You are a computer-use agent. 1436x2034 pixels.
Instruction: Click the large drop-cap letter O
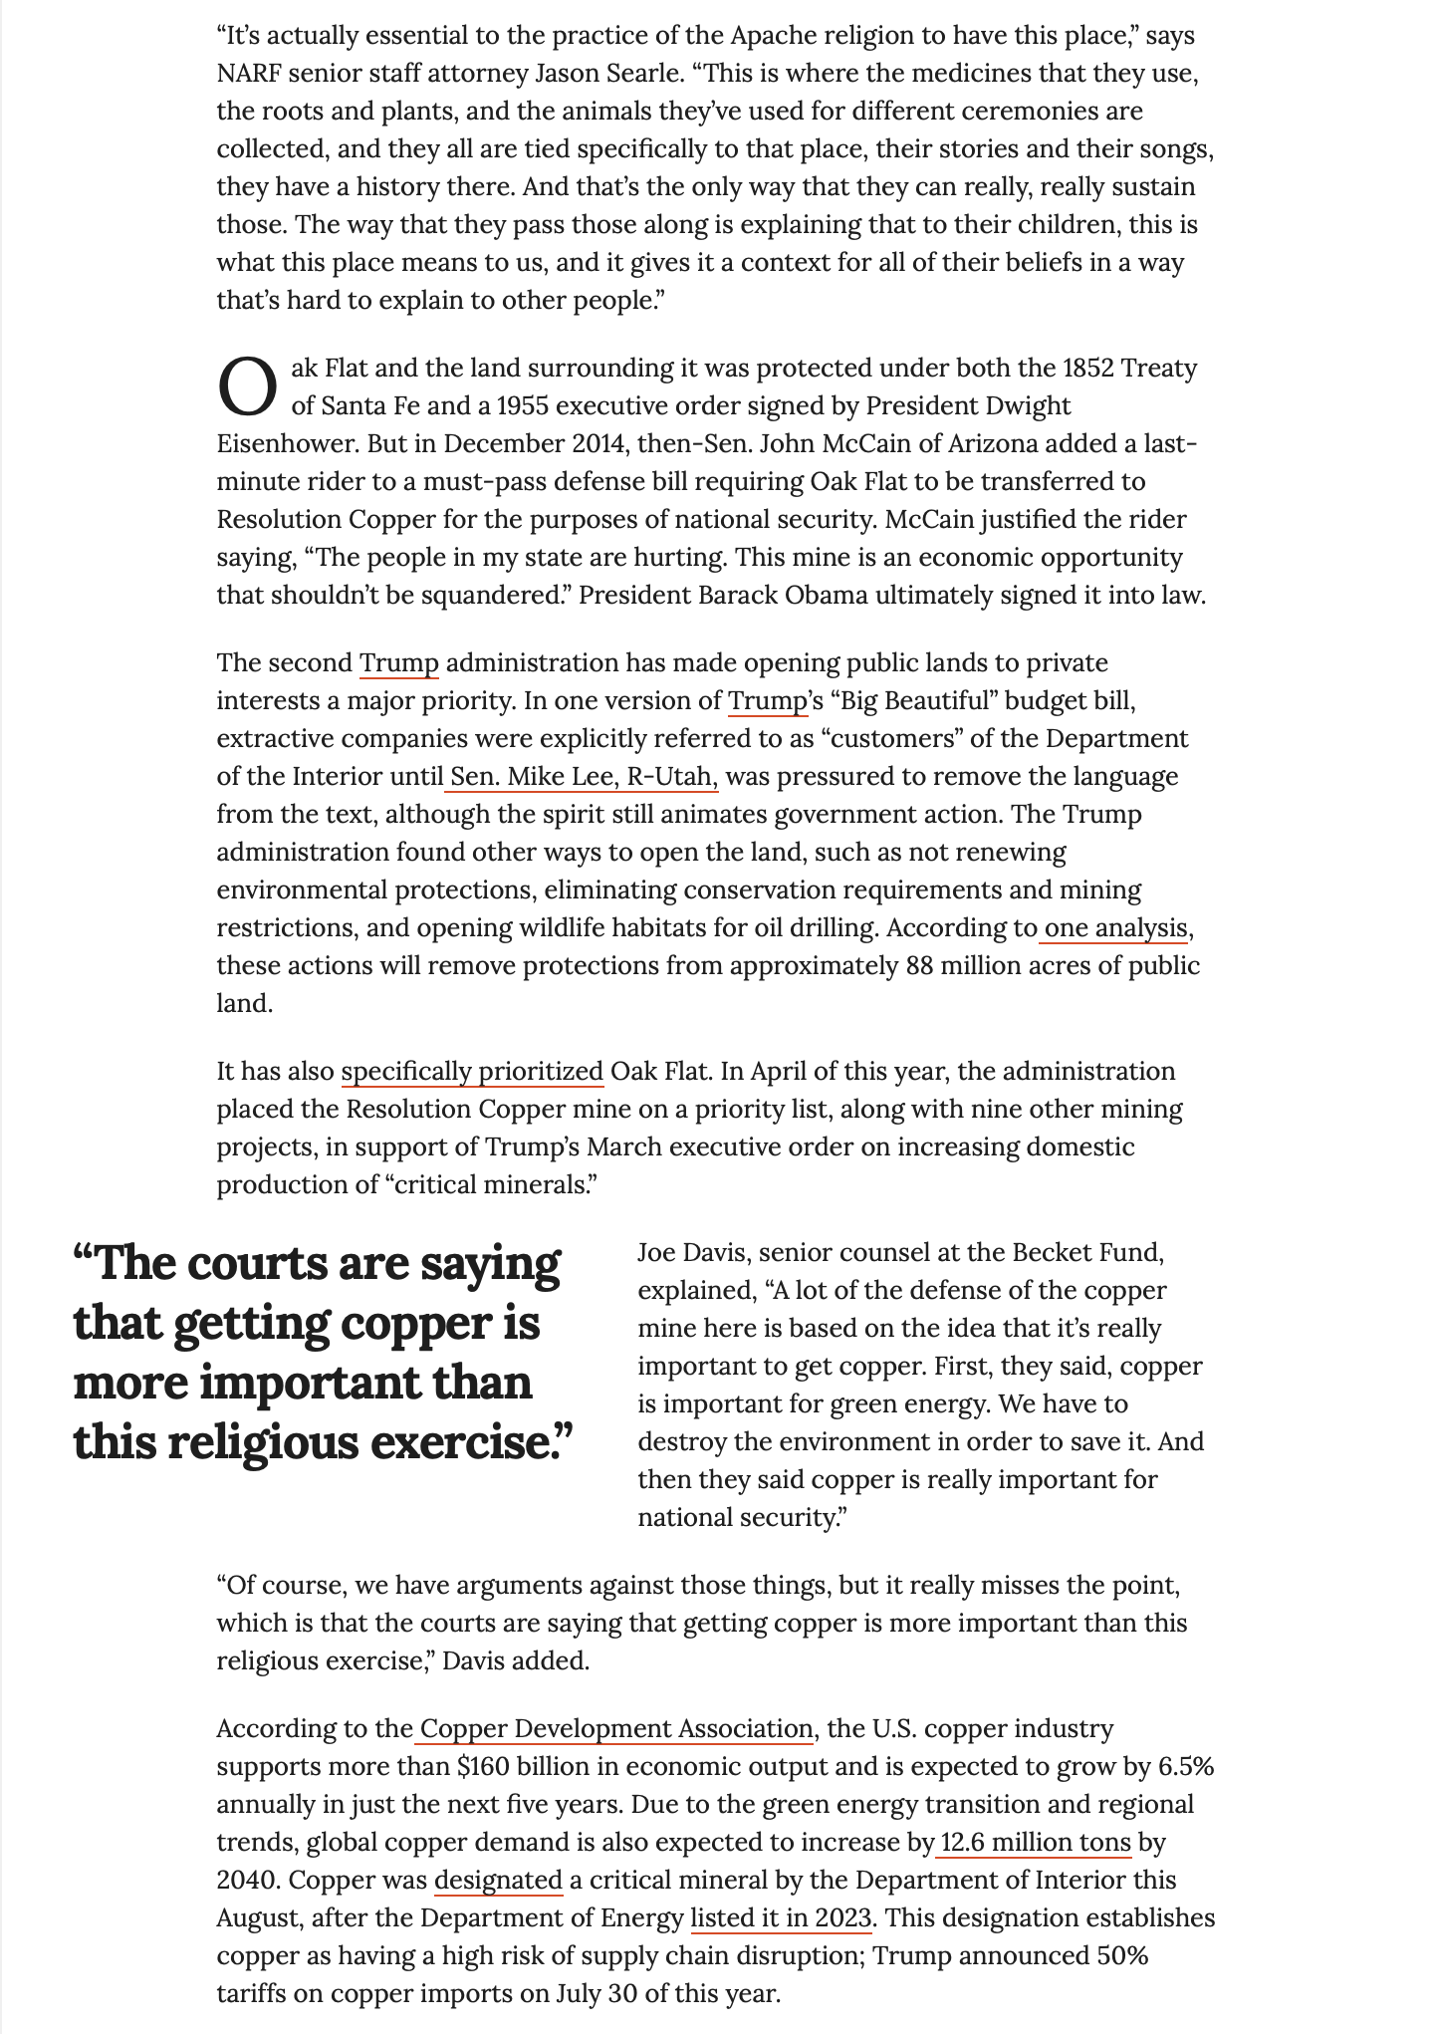(x=246, y=386)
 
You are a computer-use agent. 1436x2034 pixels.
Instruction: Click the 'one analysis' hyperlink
(x=1115, y=927)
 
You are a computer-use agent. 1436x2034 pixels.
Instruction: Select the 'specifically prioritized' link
(x=472, y=1071)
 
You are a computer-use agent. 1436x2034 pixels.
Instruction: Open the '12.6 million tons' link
(x=1035, y=1842)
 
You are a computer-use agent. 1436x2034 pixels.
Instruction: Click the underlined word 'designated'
(x=499, y=1880)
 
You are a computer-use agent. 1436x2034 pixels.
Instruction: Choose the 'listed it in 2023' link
(x=782, y=1917)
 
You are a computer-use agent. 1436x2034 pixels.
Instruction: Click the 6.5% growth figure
(x=1185, y=1766)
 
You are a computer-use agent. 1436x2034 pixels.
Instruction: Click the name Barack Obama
(x=777, y=595)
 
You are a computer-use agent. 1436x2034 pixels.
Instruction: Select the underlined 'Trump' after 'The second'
(x=398, y=662)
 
